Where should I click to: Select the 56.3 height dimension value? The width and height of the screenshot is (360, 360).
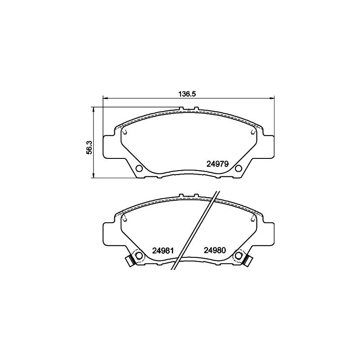pyautogui.click(x=89, y=147)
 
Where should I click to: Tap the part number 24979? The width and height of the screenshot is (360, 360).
pyautogui.click(x=217, y=164)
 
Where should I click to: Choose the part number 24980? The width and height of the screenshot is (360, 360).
pyautogui.click(x=215, y=250)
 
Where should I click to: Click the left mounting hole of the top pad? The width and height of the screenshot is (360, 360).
pyautogui.click(x=139, y=168)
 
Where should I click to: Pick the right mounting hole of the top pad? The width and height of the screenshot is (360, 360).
pyautogui.click(x=238, y=168)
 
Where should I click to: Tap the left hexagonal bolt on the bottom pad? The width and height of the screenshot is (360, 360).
pyautogui.click(x=139, y=255)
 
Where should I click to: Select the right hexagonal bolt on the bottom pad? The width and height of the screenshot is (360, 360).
pyautogui.click(x=238, y=255)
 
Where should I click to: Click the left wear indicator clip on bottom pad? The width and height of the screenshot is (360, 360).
pyautogui.click(x=130, y=261)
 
